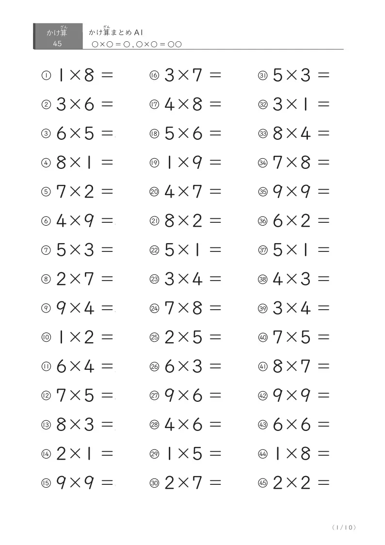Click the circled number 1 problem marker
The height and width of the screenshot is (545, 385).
click(46, 76)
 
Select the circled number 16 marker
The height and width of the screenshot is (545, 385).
click(155, 76)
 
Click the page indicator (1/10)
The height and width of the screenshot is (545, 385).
click(345, 528)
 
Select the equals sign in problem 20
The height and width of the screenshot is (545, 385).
click(215, 192)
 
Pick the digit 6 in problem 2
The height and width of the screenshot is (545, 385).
click(89, 104)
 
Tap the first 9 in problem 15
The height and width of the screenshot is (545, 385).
click(62, 483)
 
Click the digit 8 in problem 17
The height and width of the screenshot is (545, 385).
click(197, 104)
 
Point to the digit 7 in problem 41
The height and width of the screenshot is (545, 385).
click(305, 366)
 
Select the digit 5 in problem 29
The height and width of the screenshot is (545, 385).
click(197, 454)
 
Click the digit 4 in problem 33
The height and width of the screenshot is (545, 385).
click(305, 133)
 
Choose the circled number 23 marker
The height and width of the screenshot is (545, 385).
click(155, 280)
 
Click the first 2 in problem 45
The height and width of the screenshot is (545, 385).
click(278, 483)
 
